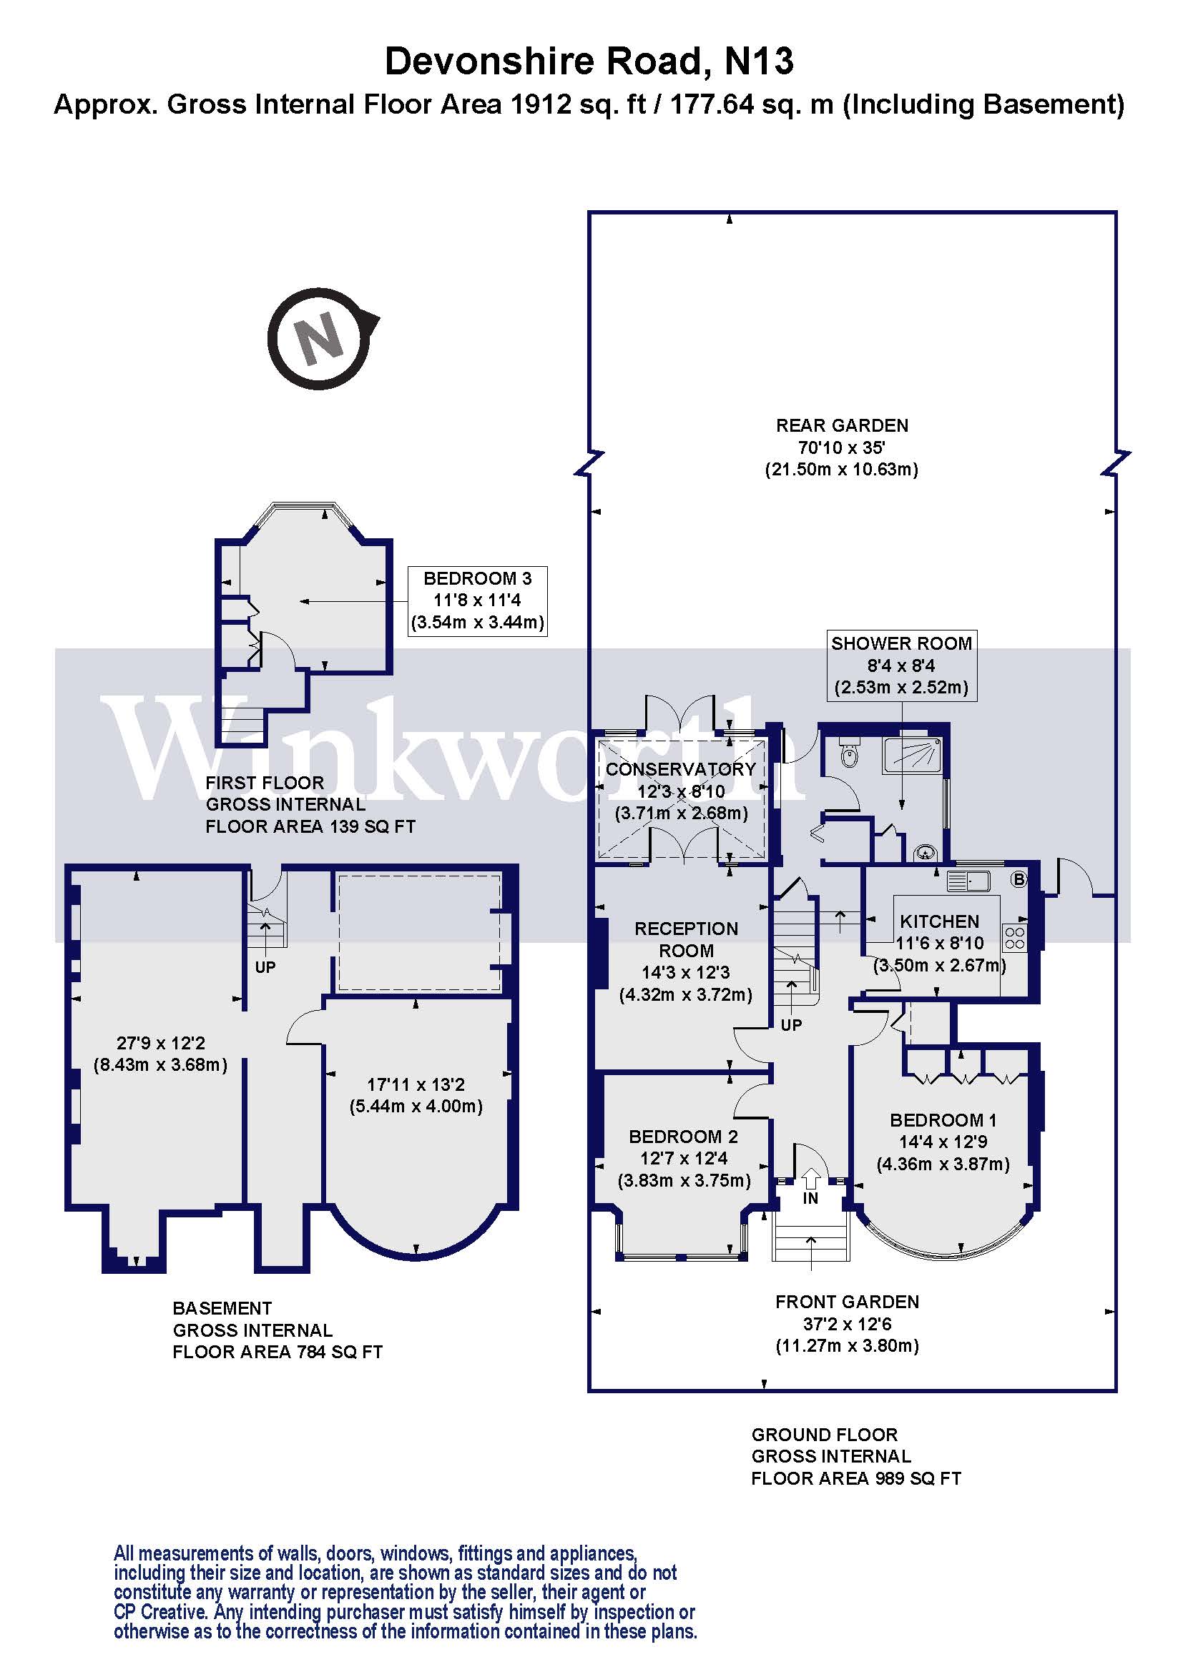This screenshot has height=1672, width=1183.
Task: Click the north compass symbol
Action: click(x=319, y=339)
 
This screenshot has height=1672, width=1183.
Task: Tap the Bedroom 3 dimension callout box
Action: click(x=477, y=600)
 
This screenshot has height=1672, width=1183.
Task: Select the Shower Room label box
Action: click(x=901, y=666)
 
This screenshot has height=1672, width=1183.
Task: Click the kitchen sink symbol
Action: click(x=968, y=882)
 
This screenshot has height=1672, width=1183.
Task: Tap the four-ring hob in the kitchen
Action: click(x=1015, y=938)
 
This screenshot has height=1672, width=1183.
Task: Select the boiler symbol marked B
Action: click(x=1019, y=880)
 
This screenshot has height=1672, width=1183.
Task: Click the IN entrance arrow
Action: click(x=811, y=1178)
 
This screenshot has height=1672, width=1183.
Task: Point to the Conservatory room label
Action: click(x=680, y=770)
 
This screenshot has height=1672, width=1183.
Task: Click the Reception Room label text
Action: click(x=686, y=939)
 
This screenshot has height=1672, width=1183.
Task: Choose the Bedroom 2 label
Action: click(x=683, y=1137)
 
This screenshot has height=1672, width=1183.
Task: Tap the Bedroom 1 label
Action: click(x=943, y=1120)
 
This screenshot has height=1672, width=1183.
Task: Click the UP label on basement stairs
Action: click(x=265, y=967)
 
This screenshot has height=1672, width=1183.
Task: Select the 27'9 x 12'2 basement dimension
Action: click(x=160, y=1054)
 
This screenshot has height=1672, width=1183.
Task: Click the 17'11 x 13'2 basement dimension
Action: click(x=416, y=1095)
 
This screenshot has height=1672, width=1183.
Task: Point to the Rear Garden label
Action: click(x=842, y=426)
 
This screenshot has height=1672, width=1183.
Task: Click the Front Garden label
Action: click(x=847, y=1302)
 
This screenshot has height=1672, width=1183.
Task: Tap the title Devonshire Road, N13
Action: click(x=589, y=61)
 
